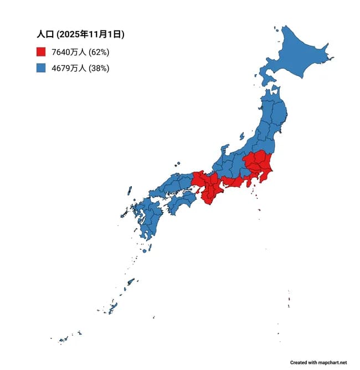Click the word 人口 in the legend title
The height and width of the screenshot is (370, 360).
point(44,34)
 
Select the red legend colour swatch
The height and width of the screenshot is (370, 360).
point(40,53)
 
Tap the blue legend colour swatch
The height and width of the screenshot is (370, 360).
point(40,68)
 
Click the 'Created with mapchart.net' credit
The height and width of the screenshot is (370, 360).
point(318,362)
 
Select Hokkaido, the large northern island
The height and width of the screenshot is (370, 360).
point(296,55)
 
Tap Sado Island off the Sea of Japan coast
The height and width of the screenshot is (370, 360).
point(241,135)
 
